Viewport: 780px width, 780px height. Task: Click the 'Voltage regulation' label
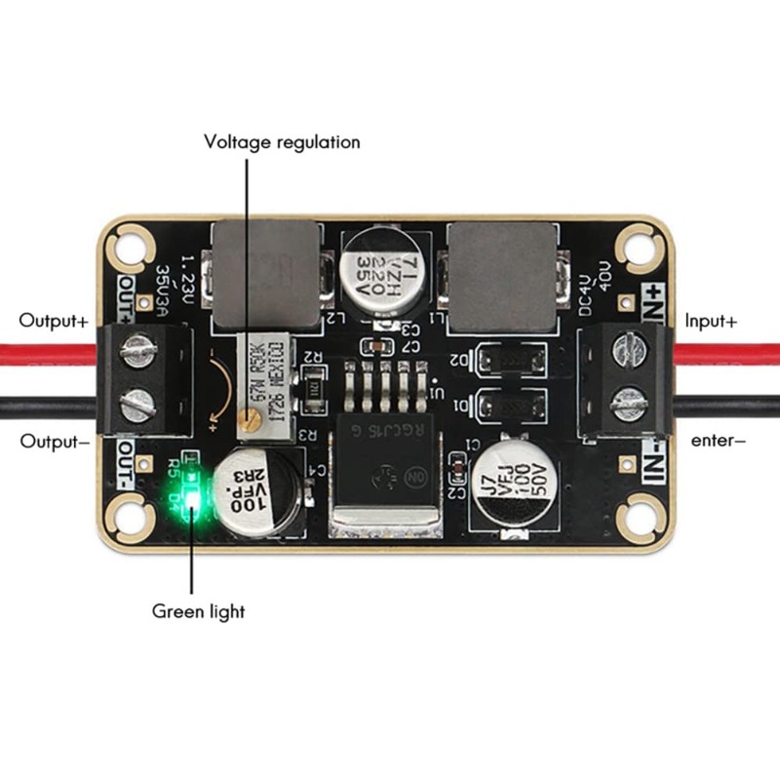coord(282,142)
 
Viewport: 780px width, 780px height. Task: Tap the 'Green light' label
coord(198,612)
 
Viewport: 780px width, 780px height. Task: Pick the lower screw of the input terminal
coord(629,399)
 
